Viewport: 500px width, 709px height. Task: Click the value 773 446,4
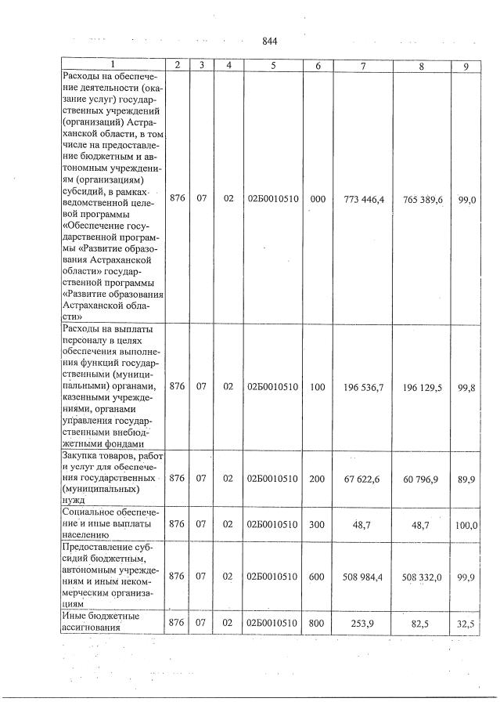tap(364, 200)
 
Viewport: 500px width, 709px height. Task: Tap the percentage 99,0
tap(467, 200)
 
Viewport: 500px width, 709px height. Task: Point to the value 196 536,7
tap(364, 386)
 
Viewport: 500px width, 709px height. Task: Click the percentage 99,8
tap(467, 386)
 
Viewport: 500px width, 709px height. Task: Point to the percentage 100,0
tap(466, 524)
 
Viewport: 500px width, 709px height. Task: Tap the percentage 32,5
tap(467, 621)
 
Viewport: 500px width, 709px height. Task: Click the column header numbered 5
tap(272, 66)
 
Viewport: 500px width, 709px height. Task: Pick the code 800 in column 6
tap(317, 621)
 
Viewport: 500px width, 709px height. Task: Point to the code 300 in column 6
tap(317, 524)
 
